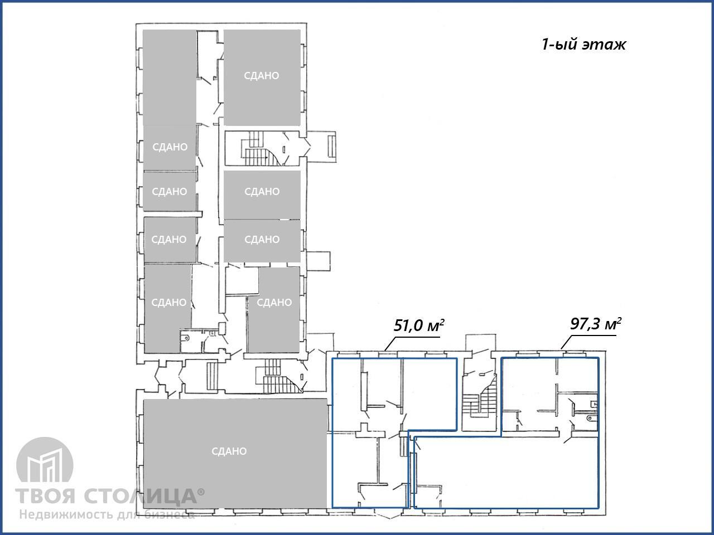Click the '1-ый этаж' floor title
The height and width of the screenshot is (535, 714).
(x=583, y=44)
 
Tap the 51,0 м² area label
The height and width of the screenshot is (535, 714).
(x=419, y=325)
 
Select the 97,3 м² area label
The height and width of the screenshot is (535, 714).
(x=596, y=324)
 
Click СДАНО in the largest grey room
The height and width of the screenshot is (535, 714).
(x=229, y=451)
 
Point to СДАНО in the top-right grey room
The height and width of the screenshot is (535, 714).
(x=262, y=76)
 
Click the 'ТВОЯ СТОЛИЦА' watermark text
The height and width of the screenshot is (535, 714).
(x=107, y=496)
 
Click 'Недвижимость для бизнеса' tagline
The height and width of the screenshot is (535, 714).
(x=107, y=514)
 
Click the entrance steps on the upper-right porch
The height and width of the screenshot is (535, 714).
(x=331, y=146)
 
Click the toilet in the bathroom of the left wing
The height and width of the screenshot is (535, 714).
(x=186, y=338)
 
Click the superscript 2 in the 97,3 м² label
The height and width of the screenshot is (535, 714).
(x=619, y=320)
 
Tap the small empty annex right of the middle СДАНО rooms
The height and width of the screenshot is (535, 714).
(x=319, y=260)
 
